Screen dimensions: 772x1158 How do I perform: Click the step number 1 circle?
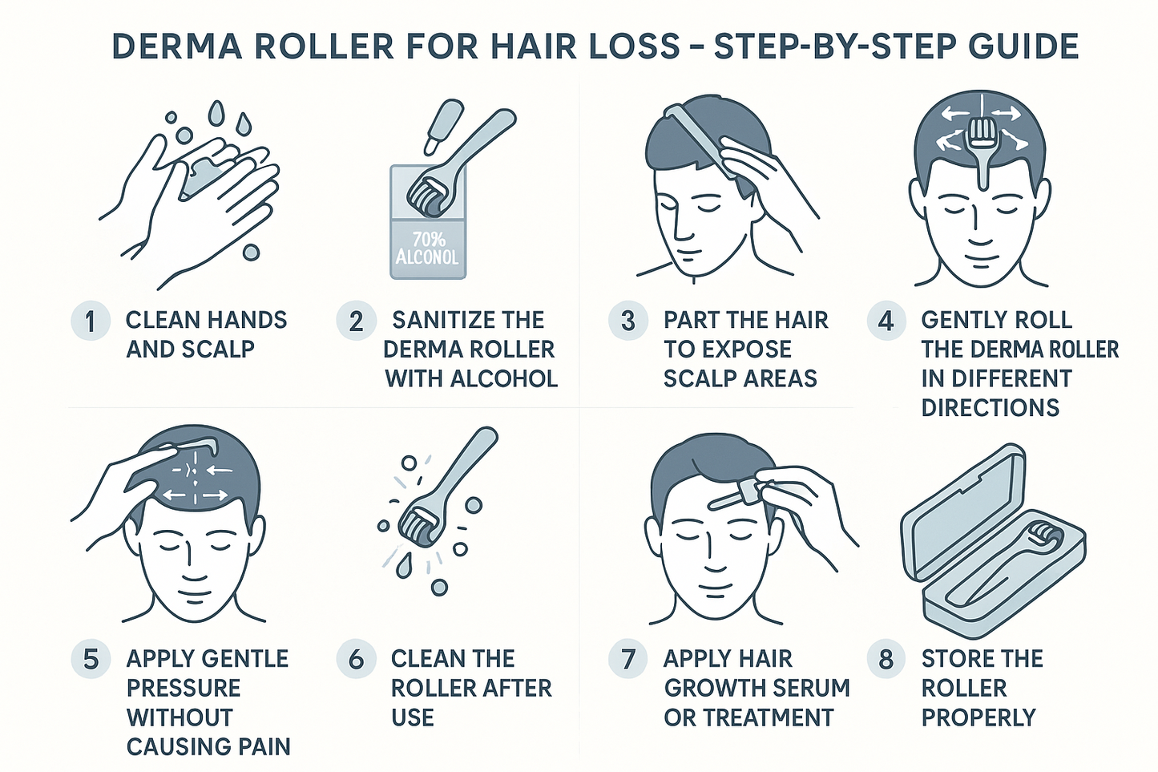click(x=90, y=321)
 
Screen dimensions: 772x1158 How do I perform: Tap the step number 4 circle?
click(x=886, y=321)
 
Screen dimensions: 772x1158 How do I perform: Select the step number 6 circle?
click(x=356, y=660)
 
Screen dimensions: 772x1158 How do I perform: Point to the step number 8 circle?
click(x=886, y=660)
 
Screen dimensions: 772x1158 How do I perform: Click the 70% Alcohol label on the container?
click(x=427, y=249)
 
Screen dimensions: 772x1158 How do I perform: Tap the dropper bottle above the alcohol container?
click(x=442, y=124)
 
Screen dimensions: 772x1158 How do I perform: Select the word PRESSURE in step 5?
click(x=184, y=688)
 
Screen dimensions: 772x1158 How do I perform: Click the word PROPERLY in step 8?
click(x=978, y=717)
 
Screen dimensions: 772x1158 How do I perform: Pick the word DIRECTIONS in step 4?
click(x=990, y=407)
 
